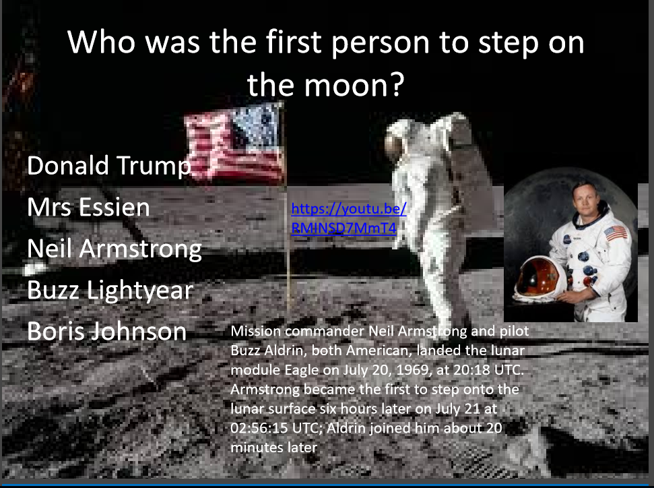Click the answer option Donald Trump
point(109,166)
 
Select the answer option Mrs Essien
point(88,207)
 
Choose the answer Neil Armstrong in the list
point(115,249)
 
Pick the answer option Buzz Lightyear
point(110,291)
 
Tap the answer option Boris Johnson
point(107,332)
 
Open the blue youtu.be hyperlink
point(349,218)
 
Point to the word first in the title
point(293,42)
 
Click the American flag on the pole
point(235,142)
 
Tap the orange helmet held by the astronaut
point(539,278)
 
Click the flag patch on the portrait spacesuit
point(616,233)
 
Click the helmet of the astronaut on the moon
point(397,137)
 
